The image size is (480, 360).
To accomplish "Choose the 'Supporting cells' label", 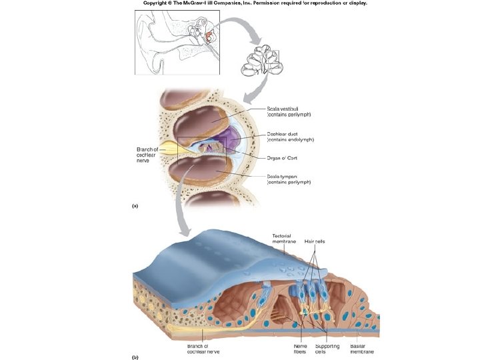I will (x=327, y=349).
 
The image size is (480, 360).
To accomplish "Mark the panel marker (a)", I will (x=135, y=206).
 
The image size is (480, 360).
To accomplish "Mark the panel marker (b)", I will (x=135, y=357).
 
